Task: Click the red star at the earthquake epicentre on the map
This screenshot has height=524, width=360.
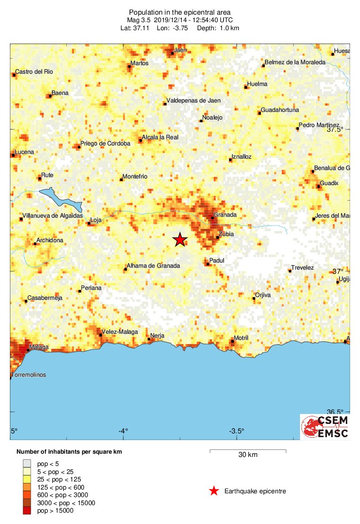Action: click(x=180, y=240)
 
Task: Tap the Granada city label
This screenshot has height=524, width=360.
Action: click(x=225, y=215)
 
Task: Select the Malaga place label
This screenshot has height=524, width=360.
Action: click(x=39, y=347)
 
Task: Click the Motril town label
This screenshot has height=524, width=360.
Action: click(x=241, y=338)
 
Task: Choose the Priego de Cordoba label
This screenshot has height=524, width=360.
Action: click(x=105, y=144)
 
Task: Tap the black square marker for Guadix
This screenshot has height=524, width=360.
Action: click(x=319, y=187)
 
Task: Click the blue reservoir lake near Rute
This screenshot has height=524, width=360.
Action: click(x=61, y=198)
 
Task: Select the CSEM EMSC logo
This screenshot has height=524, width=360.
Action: click(x=325, y=427)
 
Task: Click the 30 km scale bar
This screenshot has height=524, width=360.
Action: click(x=248, y=450)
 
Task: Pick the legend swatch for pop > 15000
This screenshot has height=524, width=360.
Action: click(x=27, y=510)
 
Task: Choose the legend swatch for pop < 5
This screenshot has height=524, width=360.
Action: click(x=27, y=465)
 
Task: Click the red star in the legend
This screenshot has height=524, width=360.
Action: click(x=214, y=491)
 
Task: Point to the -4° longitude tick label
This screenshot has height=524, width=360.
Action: click(x=123, y=431)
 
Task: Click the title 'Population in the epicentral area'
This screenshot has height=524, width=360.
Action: click(x=180, y=12)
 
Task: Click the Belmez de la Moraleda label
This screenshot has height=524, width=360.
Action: click(x=295, y=62)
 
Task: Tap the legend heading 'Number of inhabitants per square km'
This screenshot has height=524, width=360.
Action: click(x=69, y=452)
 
